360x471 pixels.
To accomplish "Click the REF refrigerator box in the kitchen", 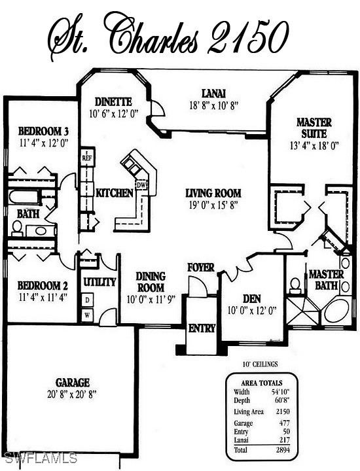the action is (x=88, y=158).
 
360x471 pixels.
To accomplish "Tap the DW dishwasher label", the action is (x=141, y=185).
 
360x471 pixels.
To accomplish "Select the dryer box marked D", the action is (x=87, y=300).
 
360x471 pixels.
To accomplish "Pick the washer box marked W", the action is (x=87, y=315).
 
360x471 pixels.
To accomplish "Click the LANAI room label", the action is (x=213, y=94).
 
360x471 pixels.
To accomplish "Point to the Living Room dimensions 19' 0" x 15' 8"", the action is (x=213, y=205).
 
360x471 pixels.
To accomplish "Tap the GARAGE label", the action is (x=73, y=383).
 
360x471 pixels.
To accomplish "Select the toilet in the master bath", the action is (x=295, y=286).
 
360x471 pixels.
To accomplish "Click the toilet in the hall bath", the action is (x=17, y=228).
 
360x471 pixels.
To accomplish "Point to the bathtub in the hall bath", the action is (x=23, y=198).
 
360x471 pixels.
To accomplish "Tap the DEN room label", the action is (x=252, y=299).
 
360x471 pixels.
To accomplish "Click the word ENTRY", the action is (x=202, y=328).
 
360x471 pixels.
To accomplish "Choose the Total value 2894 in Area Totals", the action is (x=283, y=449).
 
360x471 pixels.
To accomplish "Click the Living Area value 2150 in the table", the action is (x=283, y=411).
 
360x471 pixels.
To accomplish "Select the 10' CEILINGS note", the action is (x=261, y=364).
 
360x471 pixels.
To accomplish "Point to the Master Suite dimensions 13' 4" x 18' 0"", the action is (x=314, y=146).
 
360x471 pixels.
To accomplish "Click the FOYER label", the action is (x=201, y=267).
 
